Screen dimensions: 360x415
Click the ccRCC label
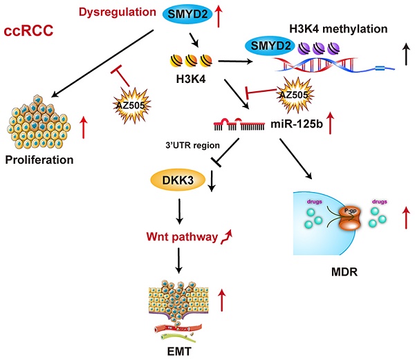(30, 32)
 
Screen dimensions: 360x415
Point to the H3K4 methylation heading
(336, 28)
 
